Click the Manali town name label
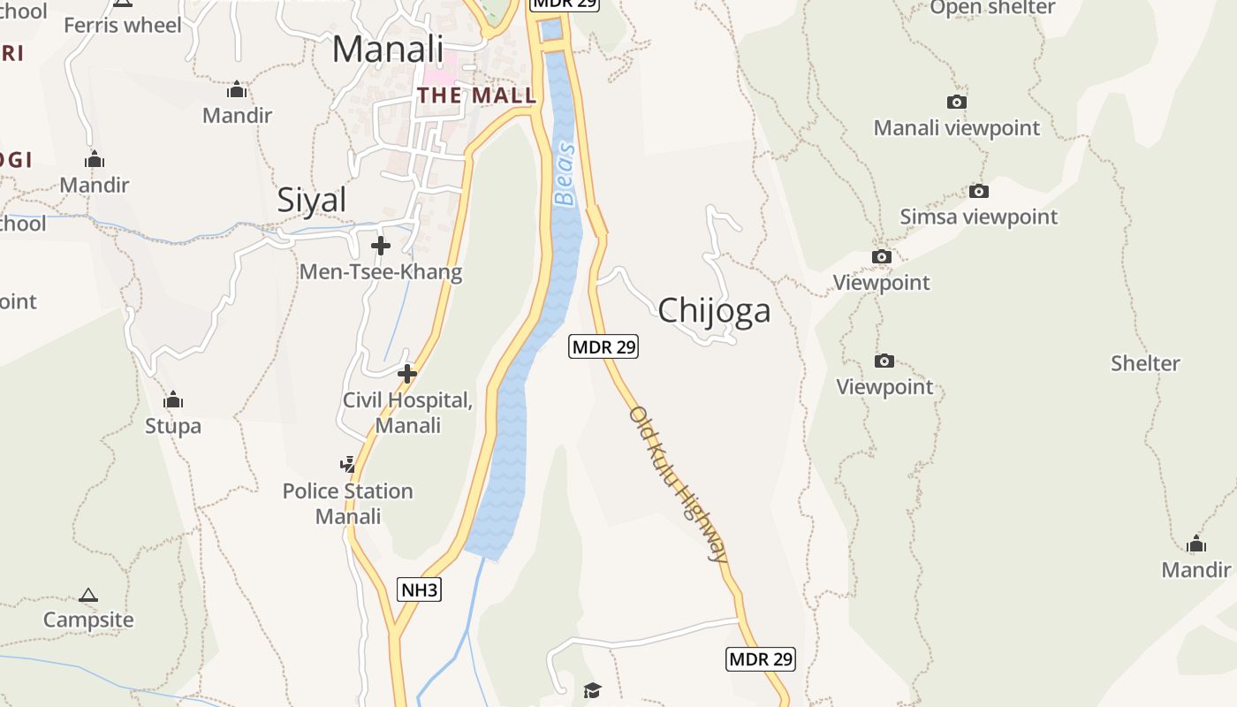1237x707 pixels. (x=387, y=49)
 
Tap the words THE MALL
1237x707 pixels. (x=476, y=95)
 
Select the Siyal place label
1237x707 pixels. (x=312, y=201)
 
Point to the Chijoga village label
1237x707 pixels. (x=714, y=310)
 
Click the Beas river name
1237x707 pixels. (x=565, y=174)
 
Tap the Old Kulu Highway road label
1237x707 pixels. (x=678, y=483)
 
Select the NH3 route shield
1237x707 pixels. (x=419, y=589)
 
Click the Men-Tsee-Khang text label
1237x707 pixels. (x=381, y=271)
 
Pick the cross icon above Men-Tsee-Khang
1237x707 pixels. (x=381, y=245)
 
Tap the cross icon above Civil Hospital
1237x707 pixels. (x=407, y=374)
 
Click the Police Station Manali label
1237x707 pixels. (x=348, y=503)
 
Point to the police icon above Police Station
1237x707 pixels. (x=348, y=464)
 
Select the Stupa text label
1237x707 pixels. (x=173, y=426)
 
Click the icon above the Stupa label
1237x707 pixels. (x=173, y=399)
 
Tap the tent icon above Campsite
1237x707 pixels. (x=88, y=595)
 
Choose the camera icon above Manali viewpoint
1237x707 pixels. (x=957, y=103)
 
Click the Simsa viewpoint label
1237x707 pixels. (x=978, y=217)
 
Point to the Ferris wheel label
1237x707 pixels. (x=123, y=25)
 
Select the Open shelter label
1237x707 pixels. (x=992, y=8)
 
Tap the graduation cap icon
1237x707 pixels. (x=592, y=689)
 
